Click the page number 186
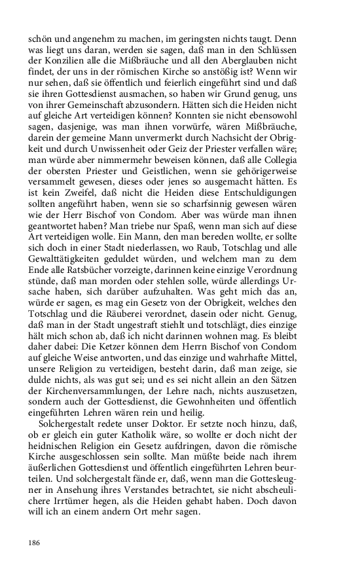point(34,542)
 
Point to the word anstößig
point(246,71)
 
